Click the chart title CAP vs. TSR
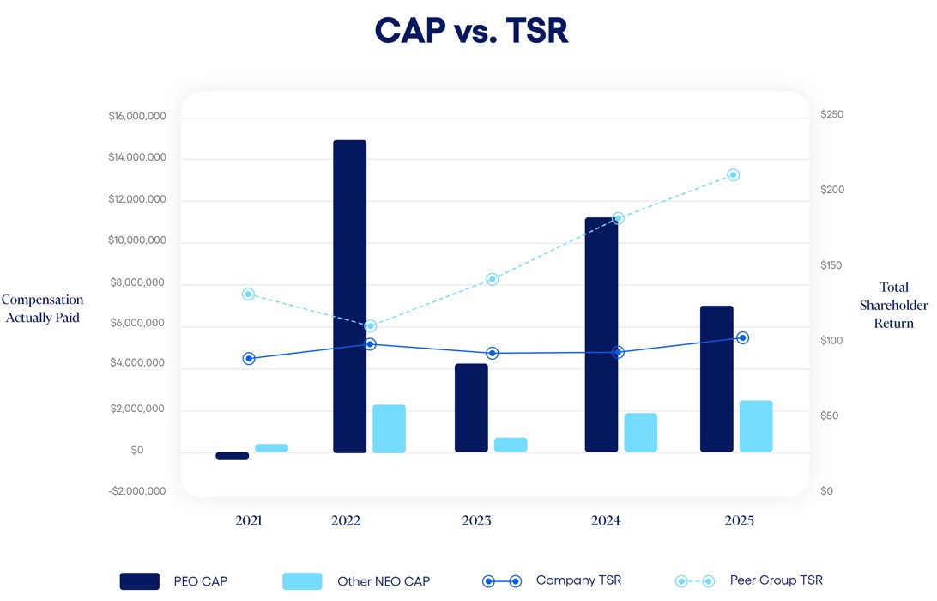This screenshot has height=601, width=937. click(471, 32)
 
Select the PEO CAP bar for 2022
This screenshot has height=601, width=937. click(349, 296)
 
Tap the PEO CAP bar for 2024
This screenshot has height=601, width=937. click(601, 335)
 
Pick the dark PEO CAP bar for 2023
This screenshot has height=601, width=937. click(471, 408)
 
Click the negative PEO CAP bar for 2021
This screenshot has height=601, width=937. click(232, 456)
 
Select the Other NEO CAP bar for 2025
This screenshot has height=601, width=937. click(756, 426)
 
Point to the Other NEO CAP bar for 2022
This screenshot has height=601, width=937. click(389, 428)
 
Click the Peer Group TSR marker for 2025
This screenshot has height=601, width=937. click(733, 175)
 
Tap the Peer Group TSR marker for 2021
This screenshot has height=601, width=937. click(248, 294)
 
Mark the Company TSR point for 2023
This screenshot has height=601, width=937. click(492, 353)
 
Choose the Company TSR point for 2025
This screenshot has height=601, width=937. click(743, 338)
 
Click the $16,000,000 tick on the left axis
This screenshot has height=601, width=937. click(137, 117)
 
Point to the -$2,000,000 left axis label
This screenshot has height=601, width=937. click(137, 491)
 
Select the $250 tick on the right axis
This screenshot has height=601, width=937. click(832, 114)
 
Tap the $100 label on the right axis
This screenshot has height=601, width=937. click(832, 341)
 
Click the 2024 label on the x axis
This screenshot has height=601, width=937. click(605, 521)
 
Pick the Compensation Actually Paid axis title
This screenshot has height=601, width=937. click(43, 309)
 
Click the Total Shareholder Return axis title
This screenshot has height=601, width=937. click(893, 306)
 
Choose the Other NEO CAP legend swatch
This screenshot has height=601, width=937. click(302, 581)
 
